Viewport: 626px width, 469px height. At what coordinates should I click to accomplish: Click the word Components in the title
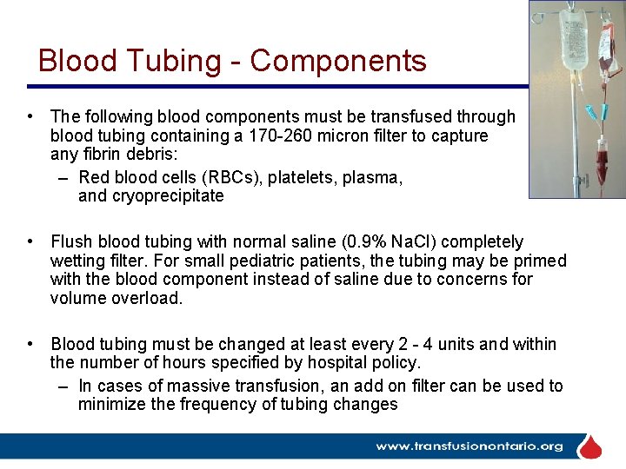(338, 61)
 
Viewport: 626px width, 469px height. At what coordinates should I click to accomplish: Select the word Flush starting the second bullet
(71, 241)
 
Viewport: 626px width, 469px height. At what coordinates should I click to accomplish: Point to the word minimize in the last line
(110, 405)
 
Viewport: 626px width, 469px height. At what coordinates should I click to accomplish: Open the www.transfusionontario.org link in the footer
(469, 446)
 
